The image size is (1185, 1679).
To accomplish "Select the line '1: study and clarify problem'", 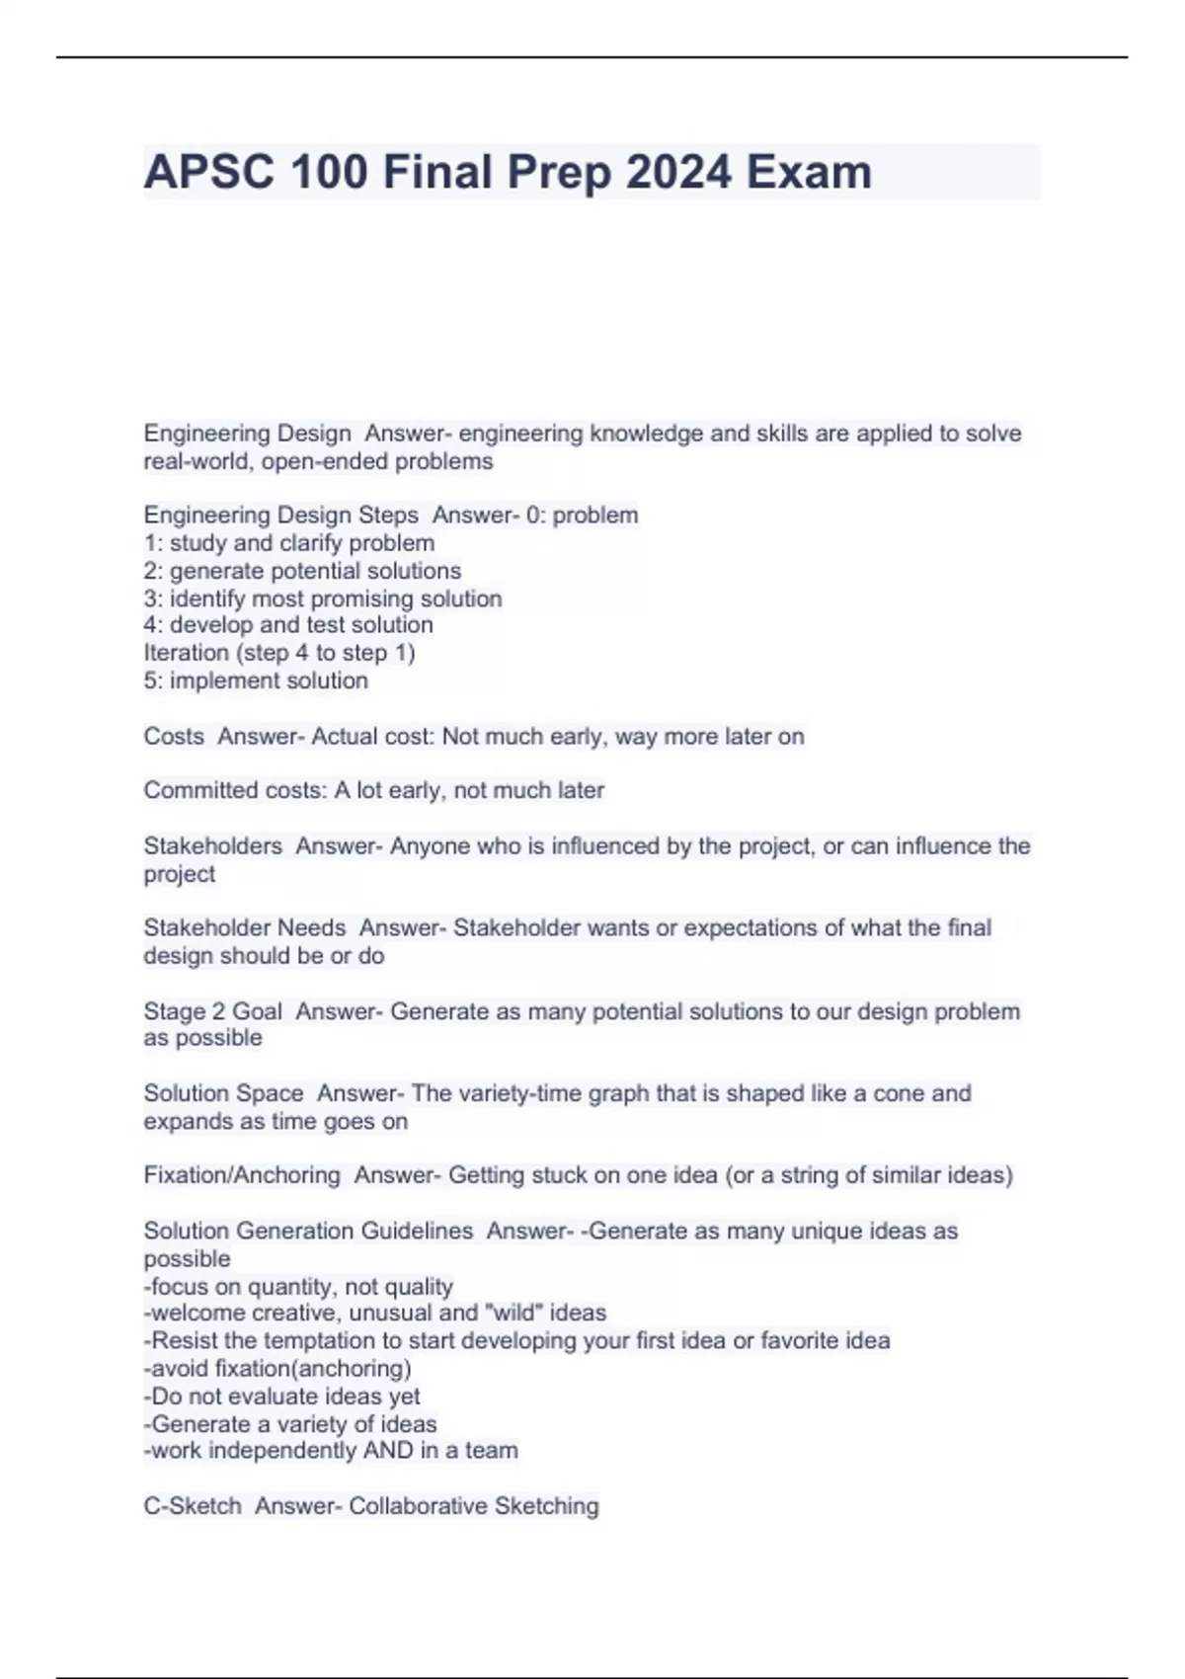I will (x=288, y=543).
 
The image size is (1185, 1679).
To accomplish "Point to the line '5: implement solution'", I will (x=256, y=680).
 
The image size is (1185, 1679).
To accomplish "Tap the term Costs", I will (x=174, y=736).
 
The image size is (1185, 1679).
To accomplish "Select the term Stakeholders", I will (x=212, y=845).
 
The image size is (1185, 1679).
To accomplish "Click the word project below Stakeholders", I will (x=179, y=874).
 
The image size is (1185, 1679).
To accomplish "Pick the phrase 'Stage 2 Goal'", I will (x=212, y=1011).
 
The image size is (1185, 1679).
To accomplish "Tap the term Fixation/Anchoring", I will (x=242, y=1175).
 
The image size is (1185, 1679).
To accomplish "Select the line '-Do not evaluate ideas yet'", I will (x=281, y=1397).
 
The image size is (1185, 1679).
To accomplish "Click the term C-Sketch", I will (x=192, y=1506).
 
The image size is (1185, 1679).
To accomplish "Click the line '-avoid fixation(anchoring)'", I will (x=277, y=1369).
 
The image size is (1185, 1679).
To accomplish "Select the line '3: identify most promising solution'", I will (x=322, y=599).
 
